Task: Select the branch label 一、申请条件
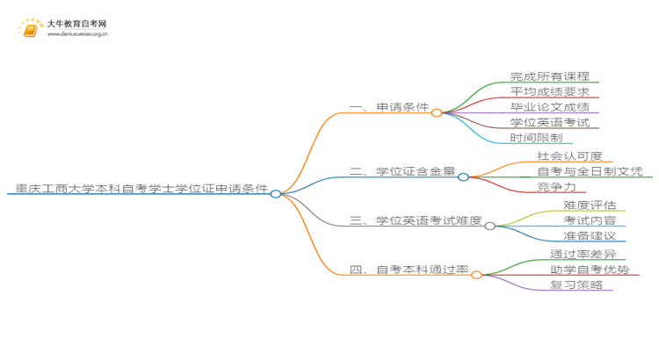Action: coord(388,107)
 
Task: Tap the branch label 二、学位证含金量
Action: coord(402,171)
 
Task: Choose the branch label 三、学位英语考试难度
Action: coord(416,220)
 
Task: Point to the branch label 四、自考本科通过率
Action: coord(409,270)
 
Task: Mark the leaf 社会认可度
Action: coord(570,156)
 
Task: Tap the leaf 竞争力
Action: coord(556,186)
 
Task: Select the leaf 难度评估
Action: coord(590,205)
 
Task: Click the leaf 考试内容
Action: coord(590,220)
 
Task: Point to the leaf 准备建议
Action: coord(590,235)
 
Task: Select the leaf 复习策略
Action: coord(576,284)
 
